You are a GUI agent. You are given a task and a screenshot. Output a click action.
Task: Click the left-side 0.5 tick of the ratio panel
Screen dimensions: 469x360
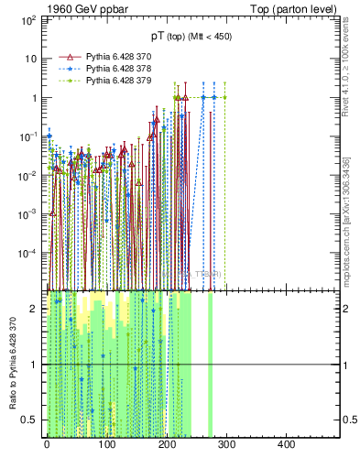30,420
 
